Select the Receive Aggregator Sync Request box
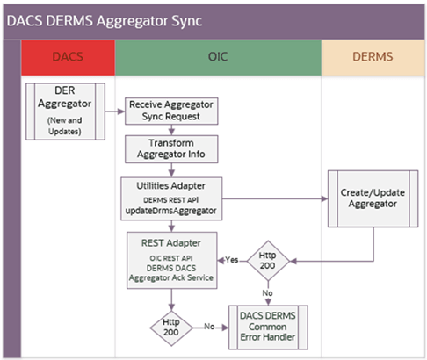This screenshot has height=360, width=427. coord(170,110)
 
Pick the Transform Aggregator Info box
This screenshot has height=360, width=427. coord(170,148)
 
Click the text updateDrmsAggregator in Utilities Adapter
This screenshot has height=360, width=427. coord(171,212)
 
